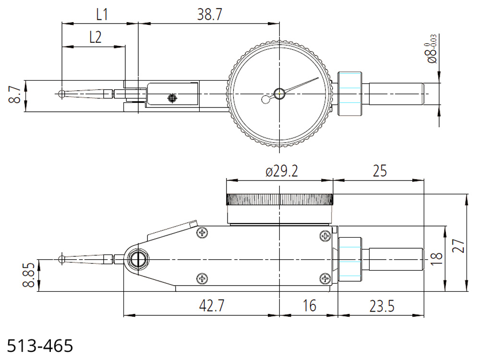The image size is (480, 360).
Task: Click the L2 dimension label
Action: pos(95,37)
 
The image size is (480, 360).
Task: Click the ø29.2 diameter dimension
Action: pos(282,171)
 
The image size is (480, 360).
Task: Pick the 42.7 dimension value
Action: pos(212,305)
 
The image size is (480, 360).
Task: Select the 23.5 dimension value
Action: pos(382,306)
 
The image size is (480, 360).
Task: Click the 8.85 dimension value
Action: pos(29,275)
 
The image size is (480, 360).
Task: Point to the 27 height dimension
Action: pos(458,245)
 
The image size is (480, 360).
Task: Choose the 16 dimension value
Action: pos(309,305)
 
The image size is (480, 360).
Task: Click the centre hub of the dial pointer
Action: pos(279,94)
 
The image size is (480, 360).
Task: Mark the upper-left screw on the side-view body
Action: pos(202,233)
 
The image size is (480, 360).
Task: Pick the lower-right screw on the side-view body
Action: pos(325,278)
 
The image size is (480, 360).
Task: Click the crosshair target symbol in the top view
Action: pos(172,98)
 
